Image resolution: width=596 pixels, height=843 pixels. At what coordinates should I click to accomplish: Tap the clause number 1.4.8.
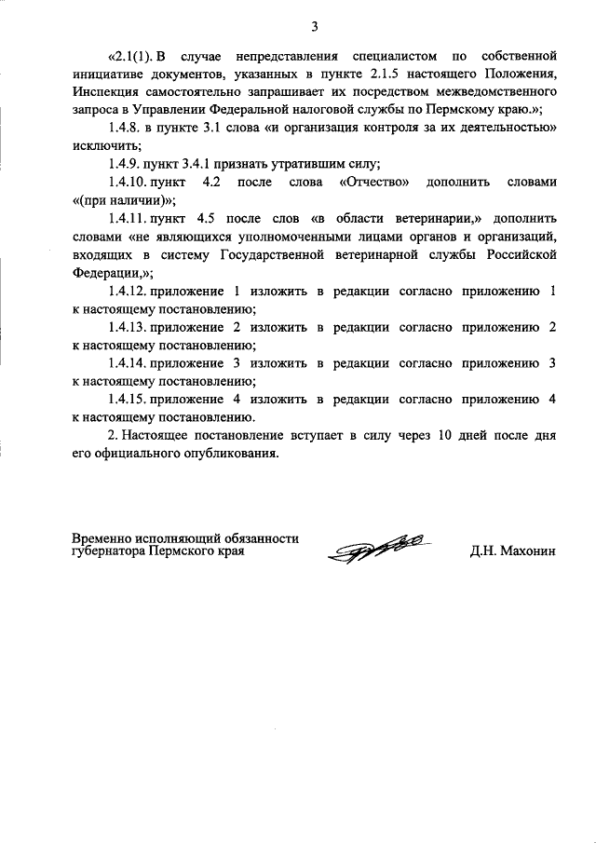pos(126,129)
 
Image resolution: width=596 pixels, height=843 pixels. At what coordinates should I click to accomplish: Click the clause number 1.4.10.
pos(129,183)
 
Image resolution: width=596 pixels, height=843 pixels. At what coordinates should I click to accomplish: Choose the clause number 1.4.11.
pos(129,219)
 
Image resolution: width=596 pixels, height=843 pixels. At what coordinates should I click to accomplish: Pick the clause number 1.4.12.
pos(129,291)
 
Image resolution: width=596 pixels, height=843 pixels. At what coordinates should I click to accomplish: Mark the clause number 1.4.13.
pos(129,327)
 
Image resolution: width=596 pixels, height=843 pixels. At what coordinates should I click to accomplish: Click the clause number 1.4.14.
pos(129,363)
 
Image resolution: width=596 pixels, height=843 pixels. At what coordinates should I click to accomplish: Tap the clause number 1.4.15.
pos(129,400)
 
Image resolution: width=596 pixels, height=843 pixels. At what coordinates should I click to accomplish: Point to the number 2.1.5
pos(355,75)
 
